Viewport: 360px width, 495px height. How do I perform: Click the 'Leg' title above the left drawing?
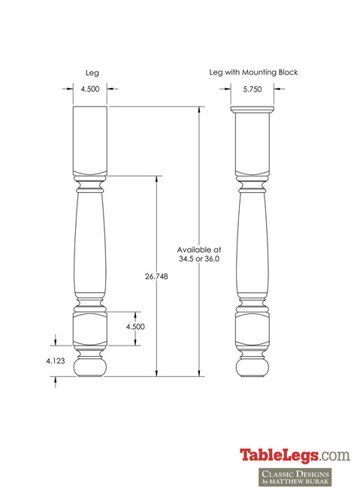91,73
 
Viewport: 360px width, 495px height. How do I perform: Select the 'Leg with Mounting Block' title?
253,72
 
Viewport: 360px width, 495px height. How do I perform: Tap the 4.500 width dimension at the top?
90,89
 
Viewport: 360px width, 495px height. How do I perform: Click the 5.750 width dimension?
253,89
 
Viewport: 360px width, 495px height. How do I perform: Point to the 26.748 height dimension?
156,276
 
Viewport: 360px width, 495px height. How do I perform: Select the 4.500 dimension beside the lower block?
135,327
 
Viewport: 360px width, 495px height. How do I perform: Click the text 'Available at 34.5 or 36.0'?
199,254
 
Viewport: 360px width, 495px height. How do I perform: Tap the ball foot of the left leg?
91,367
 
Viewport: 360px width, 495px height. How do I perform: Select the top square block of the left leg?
91,139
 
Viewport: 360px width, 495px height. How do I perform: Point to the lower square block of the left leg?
91,328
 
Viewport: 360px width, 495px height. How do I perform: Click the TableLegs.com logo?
294,454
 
